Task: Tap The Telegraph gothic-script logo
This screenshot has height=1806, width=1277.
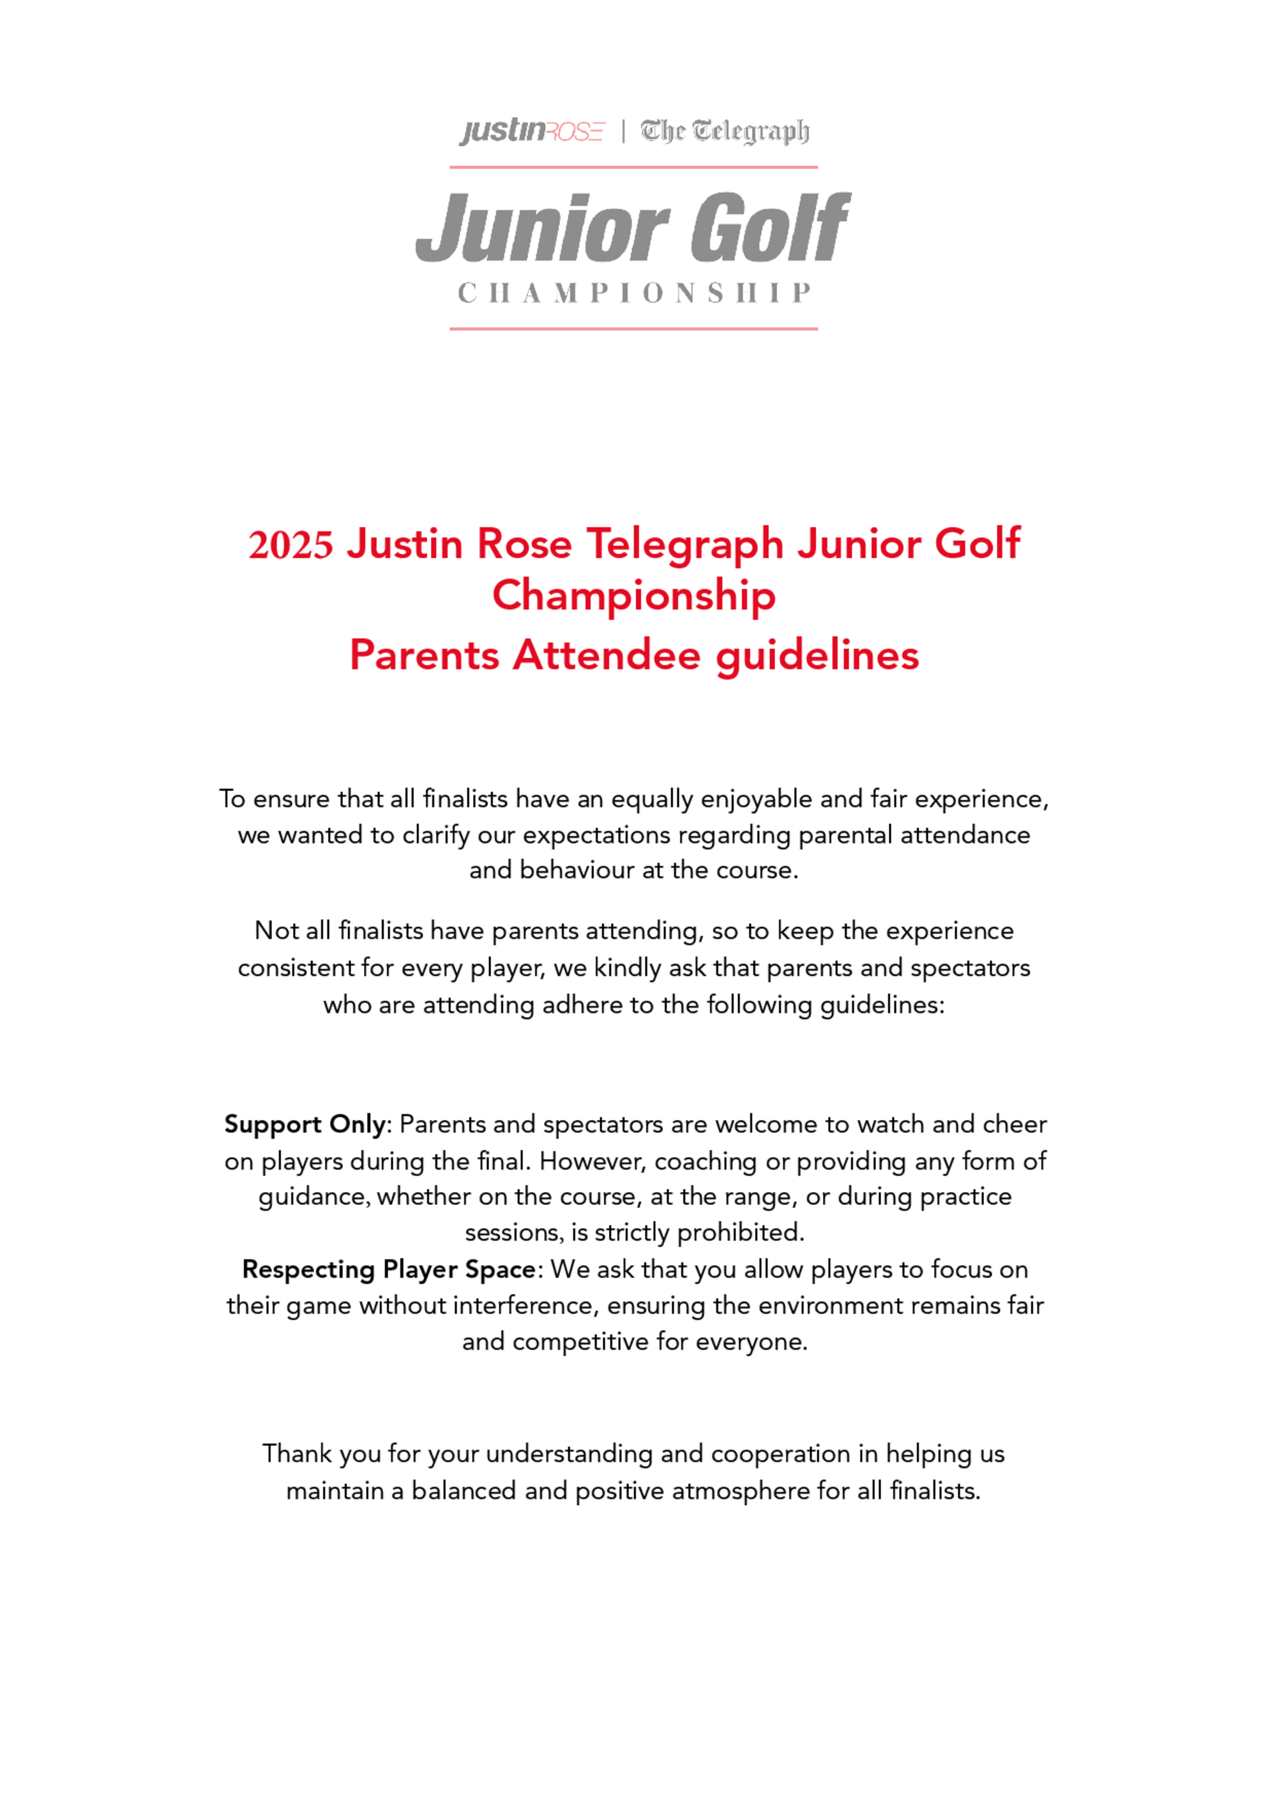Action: pyautogui.click(x=724, y=132)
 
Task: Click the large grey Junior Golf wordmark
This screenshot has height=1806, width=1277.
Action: pyautogui.click(x=633, y=228)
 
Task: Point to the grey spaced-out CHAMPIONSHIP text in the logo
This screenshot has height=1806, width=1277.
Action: pyautogui.click(x=634, y=293)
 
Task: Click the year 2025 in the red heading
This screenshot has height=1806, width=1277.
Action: pyautogui.click(x=291, y=544)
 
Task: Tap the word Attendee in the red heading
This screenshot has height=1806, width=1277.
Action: pyautogui.click(x=607, y=655)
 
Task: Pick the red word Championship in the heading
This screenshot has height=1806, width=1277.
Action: pyautogui.click(x=634, y=595)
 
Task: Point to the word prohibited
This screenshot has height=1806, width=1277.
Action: pyautogui.click(x=740, y=1232)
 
